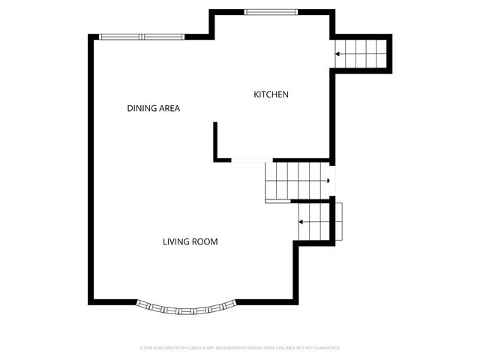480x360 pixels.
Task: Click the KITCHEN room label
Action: click(271, 94)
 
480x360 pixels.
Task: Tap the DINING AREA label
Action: click(153, 109)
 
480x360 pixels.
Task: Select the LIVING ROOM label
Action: click(190, 241)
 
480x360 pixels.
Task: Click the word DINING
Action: click(140, 109)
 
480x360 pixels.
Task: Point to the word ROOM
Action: click(205, 241)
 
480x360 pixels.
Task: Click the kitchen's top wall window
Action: click(271, 11)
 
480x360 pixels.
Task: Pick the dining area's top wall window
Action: click(142, 37)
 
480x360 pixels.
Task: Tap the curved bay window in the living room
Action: click(187, 307)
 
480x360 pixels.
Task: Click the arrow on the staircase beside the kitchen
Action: click(339, 54)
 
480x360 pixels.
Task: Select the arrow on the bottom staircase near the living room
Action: click(301, 222)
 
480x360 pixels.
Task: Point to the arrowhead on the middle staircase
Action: click(328, 180)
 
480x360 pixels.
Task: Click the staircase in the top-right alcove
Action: click(362, 53)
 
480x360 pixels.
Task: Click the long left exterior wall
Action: click(92, 169)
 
